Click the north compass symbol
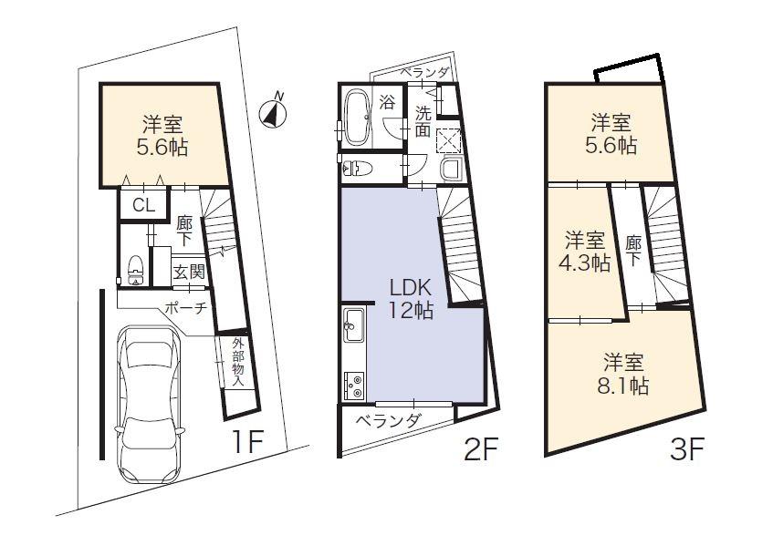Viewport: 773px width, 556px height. pos(273,111)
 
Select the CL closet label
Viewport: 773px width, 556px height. pos(143,205)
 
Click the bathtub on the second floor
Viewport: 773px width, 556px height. pos(356,117)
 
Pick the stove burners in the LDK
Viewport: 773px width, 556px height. pos(353,386)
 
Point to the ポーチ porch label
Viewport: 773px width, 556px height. pos(187,308)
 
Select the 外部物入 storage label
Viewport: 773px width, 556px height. pos(237,362)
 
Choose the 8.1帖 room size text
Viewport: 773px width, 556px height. pos(623,386)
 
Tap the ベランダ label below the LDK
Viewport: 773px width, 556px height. pos(388,421)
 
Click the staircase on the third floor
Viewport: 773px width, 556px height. pos(664,242)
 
